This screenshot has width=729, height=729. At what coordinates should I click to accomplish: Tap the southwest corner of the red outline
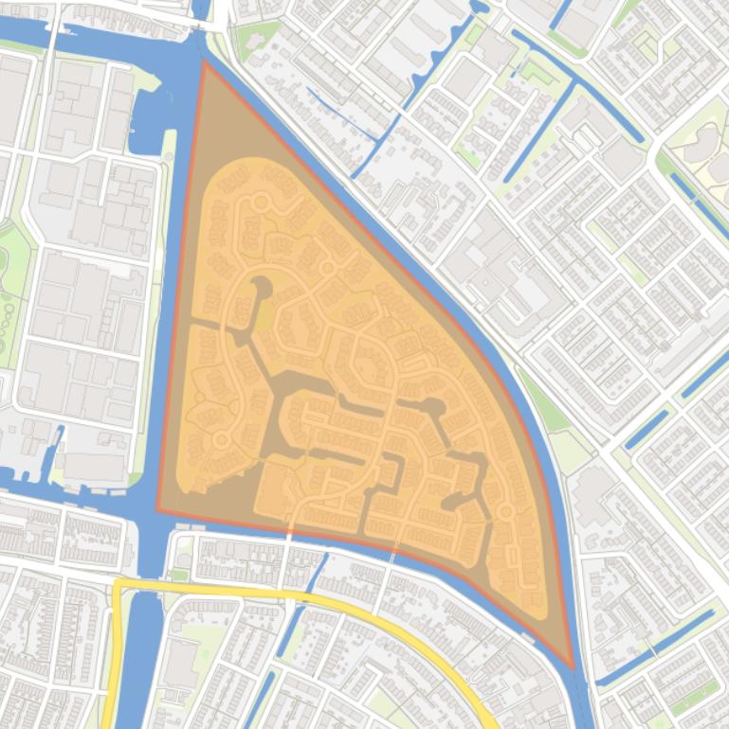pyautogui.click(x=157, y=510)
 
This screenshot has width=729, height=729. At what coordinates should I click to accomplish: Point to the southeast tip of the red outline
pyautogui.click(x=573, y=667)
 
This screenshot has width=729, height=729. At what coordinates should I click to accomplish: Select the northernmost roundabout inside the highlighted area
pyautogui.click(x=328, y=269)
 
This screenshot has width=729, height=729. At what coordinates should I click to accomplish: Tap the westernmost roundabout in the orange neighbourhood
pyautogui.click(x=222, y=439)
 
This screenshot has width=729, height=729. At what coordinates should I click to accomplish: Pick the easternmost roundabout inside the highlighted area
pyautogui.click(x=506, y=512)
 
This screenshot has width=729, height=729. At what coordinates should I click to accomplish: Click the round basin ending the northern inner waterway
pyautogui.click(x=260, y=287)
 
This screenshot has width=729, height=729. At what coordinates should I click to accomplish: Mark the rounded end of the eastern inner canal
pyautogui.click(x=435, y=408)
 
